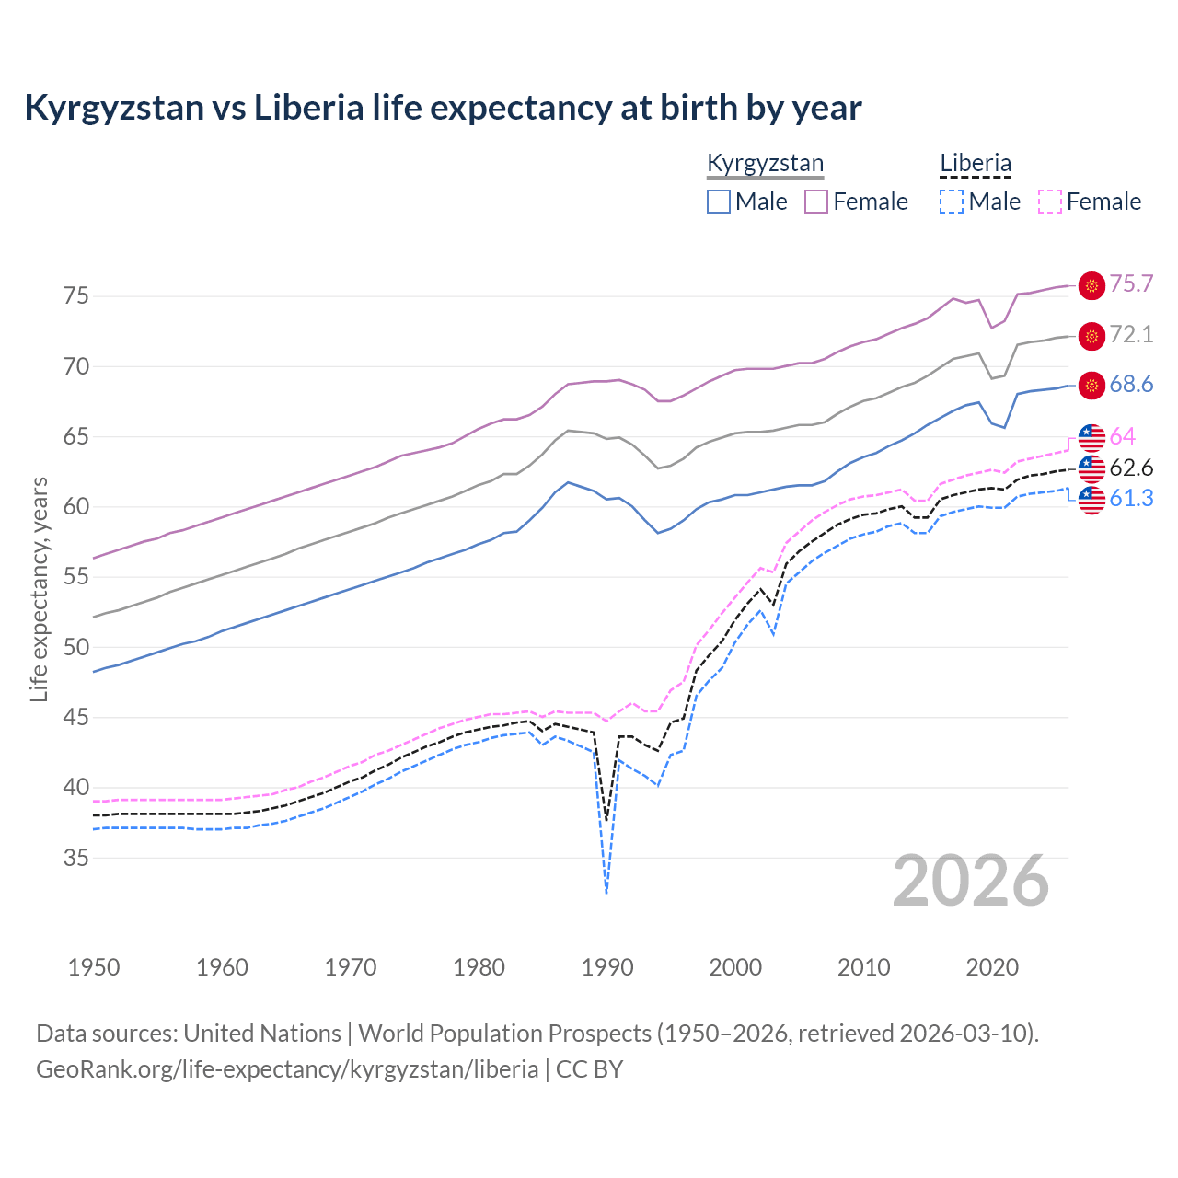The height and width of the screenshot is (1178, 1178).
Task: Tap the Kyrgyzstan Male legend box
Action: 719,202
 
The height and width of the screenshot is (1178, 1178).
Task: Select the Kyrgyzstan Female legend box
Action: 816,202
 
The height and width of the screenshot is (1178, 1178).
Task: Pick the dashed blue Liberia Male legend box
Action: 952,202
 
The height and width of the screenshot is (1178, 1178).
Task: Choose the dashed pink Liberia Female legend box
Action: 1050,202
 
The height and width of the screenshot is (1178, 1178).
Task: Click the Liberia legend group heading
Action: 976,164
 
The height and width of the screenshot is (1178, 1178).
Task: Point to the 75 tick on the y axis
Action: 76,296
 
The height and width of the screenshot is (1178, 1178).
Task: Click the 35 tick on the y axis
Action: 76,858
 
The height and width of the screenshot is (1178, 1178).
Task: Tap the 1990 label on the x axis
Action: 607,967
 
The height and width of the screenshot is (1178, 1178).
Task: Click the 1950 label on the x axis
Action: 94,967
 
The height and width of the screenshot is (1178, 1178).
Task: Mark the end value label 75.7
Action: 1131,284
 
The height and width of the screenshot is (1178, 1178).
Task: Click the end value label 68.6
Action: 1131,385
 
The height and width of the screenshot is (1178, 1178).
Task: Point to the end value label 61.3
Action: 1131,499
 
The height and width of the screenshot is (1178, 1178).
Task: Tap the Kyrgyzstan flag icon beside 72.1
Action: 1091,336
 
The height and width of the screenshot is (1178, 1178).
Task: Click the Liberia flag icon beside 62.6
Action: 1091,468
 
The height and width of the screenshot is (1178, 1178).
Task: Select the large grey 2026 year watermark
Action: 971,882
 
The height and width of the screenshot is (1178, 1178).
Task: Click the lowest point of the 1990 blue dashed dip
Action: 606,893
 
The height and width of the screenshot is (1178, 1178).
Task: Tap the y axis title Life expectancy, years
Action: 39,589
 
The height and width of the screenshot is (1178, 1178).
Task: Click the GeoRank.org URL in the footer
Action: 287,1069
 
